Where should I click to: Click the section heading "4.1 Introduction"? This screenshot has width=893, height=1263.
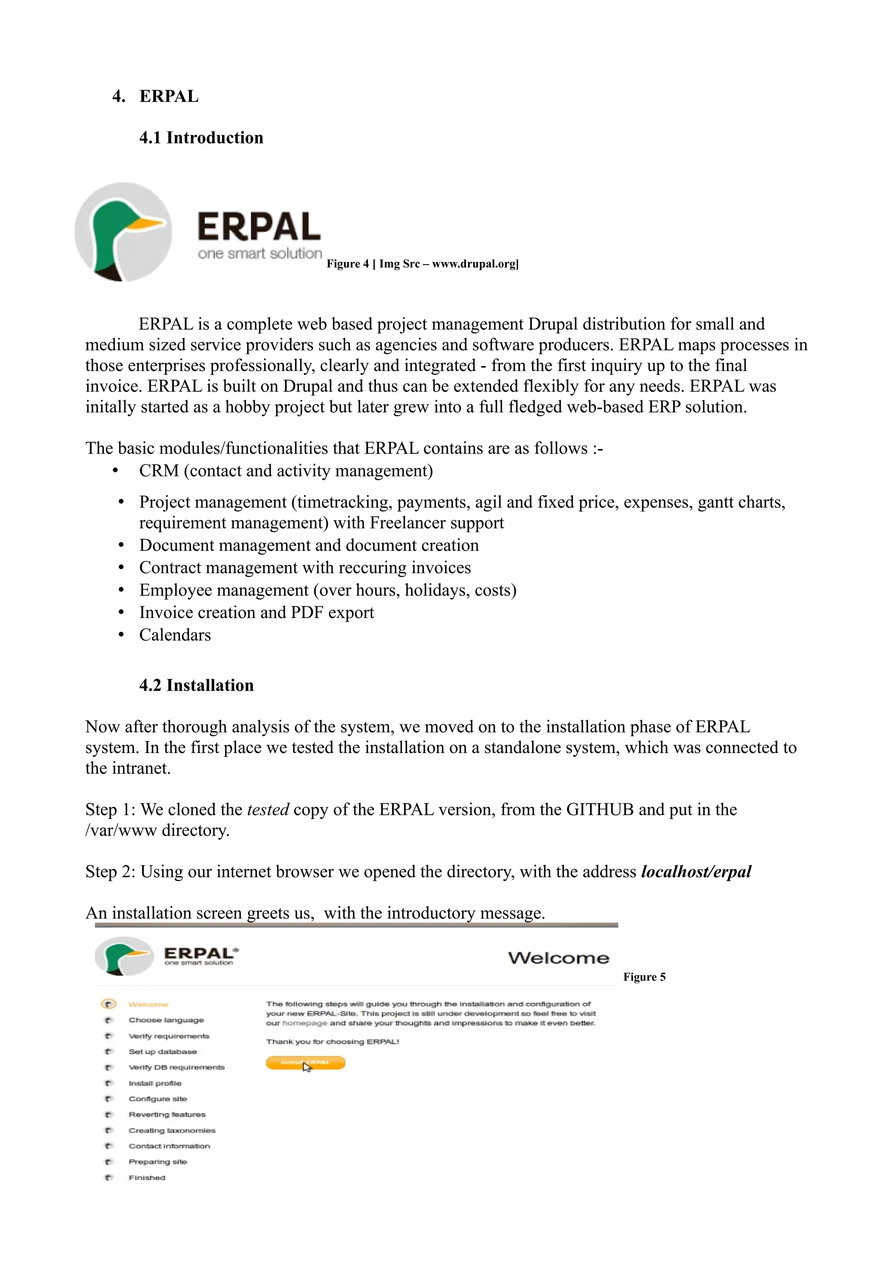click(x=201, y=138)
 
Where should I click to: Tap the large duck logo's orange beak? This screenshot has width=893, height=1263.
click(x=147, y=223)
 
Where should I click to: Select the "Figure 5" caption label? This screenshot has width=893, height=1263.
click(x=644, y=977)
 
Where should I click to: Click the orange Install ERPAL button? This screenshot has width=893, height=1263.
click(x=305, y=1063)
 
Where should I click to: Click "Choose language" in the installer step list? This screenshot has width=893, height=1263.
click(x=166, y=1020)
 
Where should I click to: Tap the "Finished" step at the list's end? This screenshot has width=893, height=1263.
click(x=147, y=1178)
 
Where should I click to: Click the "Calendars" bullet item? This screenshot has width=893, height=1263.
click(x=174, y=635)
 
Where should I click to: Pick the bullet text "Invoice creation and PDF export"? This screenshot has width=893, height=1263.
click(x=256, y=612)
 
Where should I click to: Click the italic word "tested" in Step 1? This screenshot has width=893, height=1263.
click(x=268, y=809)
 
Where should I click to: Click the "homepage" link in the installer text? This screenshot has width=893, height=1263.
click(x=304, y=1023)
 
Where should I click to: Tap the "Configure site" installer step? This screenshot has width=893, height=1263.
click(x=158, y=1099)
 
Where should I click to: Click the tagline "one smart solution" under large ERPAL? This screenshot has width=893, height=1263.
click(x=260, y=254)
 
